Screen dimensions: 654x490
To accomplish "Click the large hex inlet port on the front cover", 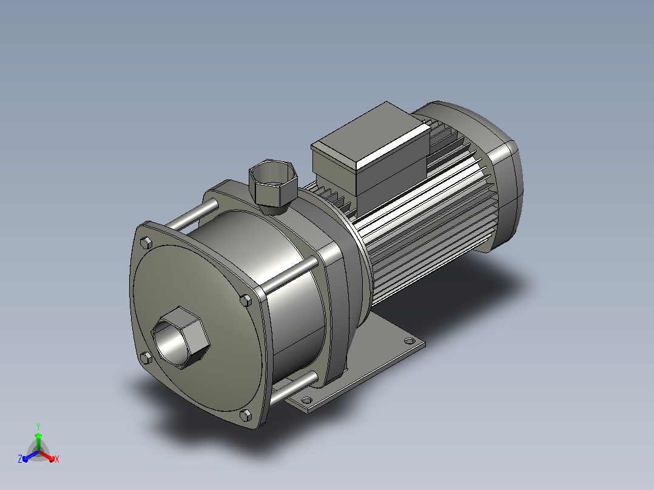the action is (x=180, y=338).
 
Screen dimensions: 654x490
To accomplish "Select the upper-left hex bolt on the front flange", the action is (x=146, y=243).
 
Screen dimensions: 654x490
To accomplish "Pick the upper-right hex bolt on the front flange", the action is (x=246, y=300).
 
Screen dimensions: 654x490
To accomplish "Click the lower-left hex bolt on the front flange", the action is (x=146, y=357).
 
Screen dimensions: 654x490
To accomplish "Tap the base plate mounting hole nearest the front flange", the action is (x=306, y=400).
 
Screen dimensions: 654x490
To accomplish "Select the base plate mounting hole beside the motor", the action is (x=410, y=341).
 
